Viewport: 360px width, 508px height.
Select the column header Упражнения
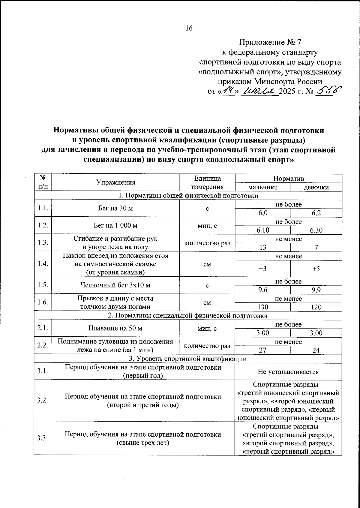tap(115, 182)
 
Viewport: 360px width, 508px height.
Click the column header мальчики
tap(262, 187)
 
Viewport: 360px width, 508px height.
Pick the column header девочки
tap(316, 187)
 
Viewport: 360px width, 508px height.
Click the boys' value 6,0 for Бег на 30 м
tap(262, 213)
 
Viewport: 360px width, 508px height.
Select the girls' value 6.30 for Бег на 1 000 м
tap(316, 230)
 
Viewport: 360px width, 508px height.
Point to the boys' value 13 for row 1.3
tap(262, 248)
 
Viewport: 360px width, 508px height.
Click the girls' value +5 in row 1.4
tap(316, 269)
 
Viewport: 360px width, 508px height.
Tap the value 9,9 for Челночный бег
tap(316, 290)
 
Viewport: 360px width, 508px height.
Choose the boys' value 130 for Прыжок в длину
tap(262, 307)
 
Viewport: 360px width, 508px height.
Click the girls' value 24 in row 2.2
tap(316, 350)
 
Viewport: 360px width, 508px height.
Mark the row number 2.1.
tap(43, 328)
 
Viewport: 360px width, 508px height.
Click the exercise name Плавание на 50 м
tap(115, 328)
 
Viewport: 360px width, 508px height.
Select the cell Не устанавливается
tap(288, 372)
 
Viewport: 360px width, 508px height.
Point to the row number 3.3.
tap(43, 438)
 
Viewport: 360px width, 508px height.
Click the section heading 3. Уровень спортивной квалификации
tap(188, 359)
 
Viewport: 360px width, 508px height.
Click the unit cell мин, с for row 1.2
tap(207, 226)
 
